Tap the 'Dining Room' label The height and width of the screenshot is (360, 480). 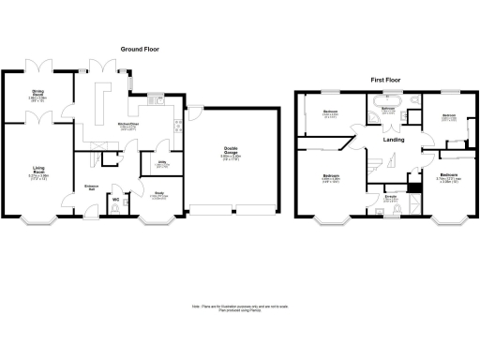click(x=39, y=92)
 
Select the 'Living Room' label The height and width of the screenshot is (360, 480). click(x=39, y=172)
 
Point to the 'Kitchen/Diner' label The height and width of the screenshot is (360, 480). click(x=129, y=125)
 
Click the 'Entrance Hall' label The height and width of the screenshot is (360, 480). click(x=91, y=188)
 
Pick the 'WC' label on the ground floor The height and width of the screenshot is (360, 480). click(x=116, y=200)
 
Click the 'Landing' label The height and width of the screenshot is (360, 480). click(x=395, y=141)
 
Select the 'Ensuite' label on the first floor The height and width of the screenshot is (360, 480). click(x=389, y=197)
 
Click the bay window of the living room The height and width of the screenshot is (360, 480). click(x=39, y=221)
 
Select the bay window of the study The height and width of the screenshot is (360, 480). click(x=155, y=221)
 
